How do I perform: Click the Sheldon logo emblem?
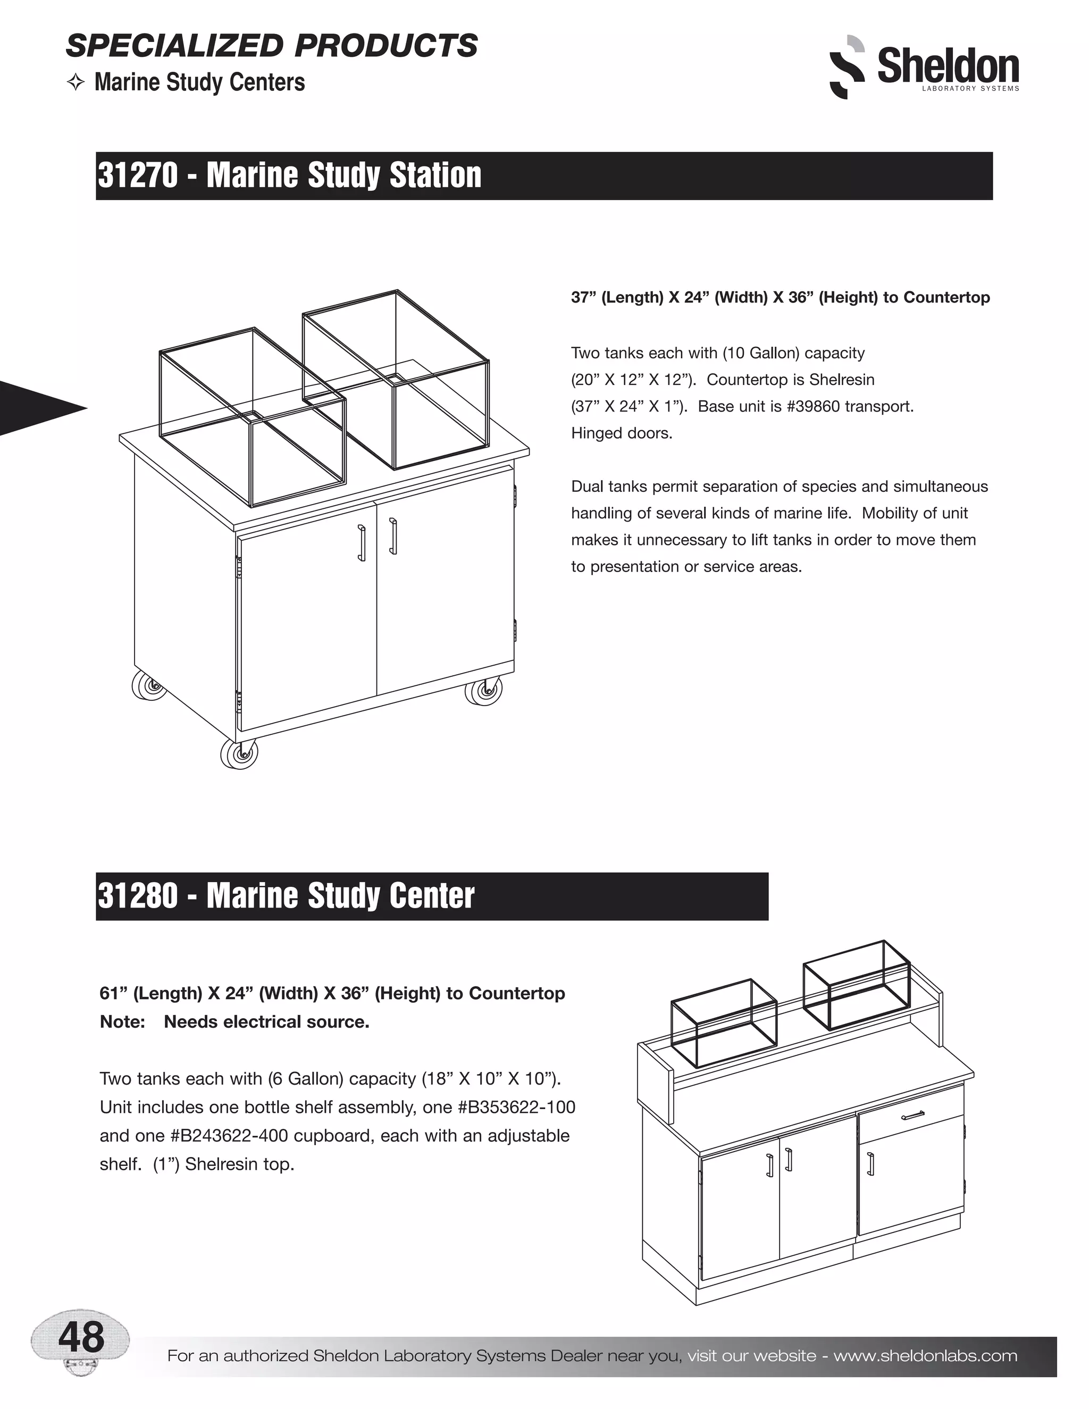coord(846,67)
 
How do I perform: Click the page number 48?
coord(81,1337)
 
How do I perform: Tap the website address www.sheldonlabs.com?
coord(925,1355)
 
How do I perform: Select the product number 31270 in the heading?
coord(137,175)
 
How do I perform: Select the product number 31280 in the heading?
coord(137,895)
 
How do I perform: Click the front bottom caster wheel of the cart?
coord(239,753)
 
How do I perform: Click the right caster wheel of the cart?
coord(484,692)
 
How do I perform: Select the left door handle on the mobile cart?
coord(363,543)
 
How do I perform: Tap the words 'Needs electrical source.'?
coord(266,1022)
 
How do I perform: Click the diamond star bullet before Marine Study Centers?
coord(76,83)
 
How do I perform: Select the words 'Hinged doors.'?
coord(621,433)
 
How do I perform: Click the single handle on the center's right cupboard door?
coord(871,1164)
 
